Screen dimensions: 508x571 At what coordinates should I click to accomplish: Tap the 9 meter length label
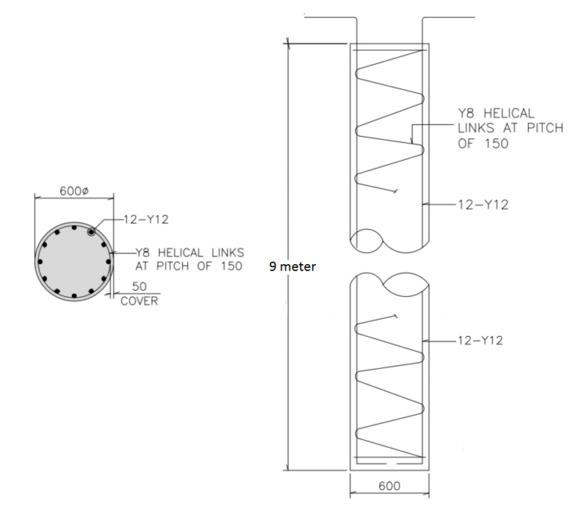pos(294,266)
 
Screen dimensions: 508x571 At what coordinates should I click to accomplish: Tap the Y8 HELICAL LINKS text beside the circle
pos(189,254)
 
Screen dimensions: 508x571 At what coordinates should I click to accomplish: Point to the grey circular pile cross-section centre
pos(74,261)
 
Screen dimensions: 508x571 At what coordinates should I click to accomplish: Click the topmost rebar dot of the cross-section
pos(74,227)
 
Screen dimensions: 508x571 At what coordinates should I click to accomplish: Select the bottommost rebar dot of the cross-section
pos(74,296)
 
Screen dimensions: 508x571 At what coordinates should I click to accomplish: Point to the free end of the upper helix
pos(397,192)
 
